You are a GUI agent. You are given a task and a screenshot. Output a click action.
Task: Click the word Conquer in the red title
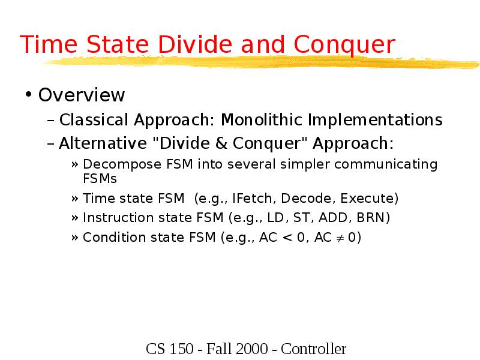pos(345,45)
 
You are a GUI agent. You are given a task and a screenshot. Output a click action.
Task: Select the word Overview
pos(82,95)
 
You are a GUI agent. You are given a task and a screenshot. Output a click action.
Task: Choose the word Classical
pos(94,120)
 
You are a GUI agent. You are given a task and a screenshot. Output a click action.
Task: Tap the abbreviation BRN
pos(373,217)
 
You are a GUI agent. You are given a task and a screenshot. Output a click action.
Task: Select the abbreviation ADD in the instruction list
pos(332,217)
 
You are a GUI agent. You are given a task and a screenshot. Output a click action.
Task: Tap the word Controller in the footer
pos(314,349)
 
